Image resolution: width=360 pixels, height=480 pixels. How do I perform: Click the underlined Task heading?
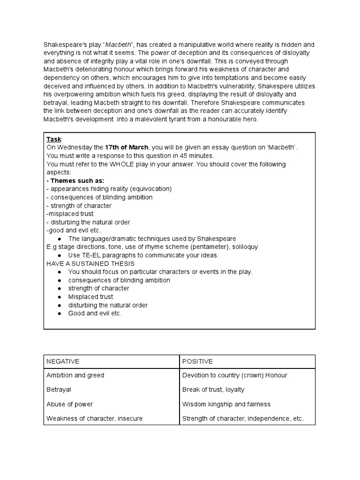(x=54, y=140)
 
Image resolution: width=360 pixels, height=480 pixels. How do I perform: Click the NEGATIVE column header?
(x=63, y=361)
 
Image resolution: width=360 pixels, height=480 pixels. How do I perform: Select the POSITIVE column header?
(x=197, y=361)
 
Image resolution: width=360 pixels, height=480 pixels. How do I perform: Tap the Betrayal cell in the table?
(x=59, y=390)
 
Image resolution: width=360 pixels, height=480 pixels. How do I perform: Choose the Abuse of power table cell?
(x=70, y=404)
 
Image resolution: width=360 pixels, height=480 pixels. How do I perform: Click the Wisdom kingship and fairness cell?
(x=226, y=404)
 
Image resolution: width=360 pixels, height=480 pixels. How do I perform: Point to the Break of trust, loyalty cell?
(x=213, y=390)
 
